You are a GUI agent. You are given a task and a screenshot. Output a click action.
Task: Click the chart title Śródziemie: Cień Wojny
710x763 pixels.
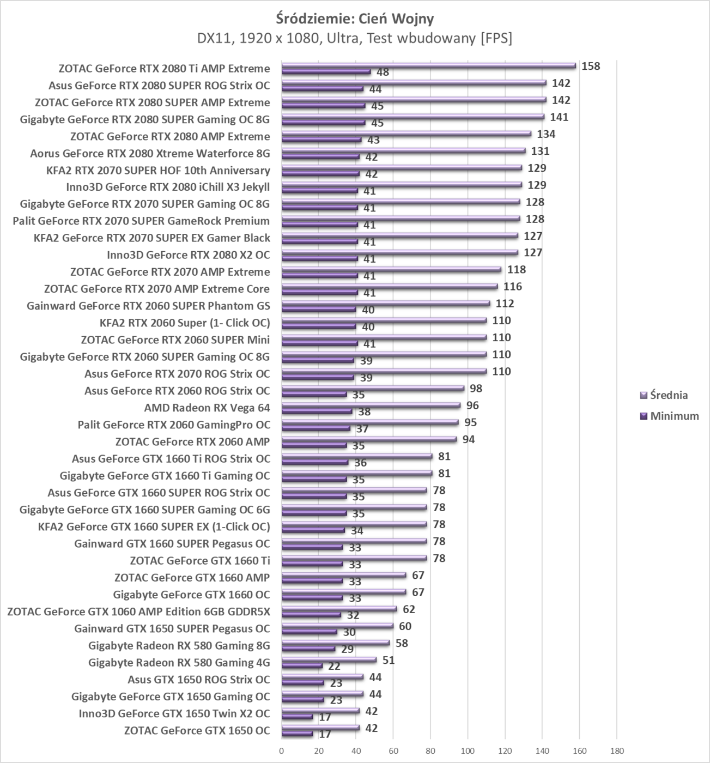[355, 19]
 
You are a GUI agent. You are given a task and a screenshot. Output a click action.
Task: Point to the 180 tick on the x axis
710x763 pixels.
[617, 751]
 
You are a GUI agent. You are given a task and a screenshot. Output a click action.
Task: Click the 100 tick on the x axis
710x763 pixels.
[468, 751]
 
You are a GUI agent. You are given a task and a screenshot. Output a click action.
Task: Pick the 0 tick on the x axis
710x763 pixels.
[282, 751]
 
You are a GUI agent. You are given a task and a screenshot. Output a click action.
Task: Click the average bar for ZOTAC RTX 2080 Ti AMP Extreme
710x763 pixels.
[428, 66]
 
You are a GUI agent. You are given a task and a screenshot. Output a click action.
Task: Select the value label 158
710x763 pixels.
[591, 66]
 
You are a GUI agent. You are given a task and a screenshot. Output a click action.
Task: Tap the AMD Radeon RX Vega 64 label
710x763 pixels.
[207, 408]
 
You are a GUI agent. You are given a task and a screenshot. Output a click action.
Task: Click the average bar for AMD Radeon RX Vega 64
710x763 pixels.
[371, 405]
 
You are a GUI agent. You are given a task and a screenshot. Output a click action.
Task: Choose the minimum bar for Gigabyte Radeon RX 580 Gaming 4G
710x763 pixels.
[302, 666]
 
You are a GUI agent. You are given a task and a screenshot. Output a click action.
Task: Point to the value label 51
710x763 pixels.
[389, 660]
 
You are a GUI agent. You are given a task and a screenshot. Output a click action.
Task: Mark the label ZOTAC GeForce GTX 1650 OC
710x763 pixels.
[197, 730]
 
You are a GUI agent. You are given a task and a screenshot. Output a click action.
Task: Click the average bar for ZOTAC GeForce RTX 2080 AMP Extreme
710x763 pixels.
[406, 134]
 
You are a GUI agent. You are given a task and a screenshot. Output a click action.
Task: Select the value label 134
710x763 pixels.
[546, 134]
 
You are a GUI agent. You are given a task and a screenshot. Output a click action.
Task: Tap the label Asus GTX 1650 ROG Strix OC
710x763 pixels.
[198, 680]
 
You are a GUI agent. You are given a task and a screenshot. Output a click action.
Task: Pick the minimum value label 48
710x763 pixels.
[383, 72]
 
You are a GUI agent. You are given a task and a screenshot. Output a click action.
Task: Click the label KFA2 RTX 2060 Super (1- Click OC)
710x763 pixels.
[185, 323]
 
